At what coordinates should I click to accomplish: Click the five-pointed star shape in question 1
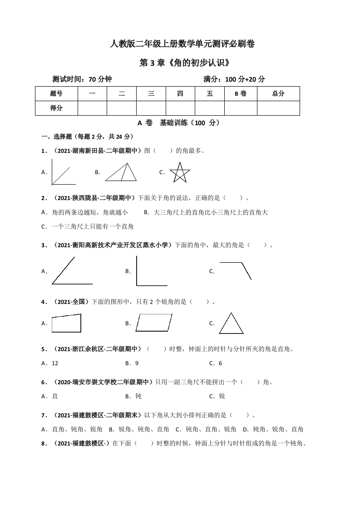(180, 173)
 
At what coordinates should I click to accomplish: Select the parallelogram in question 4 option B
(154, 323)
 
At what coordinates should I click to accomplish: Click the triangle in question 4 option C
(231, 324)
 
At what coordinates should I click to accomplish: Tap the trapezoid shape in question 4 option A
(66, 323)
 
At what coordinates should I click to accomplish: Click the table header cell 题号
(56, 94)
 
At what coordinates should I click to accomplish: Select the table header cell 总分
(278, 94)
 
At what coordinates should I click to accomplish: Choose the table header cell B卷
(240, 94)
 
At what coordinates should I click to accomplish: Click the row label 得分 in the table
(56, 108)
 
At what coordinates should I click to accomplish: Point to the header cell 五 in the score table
(209, 94)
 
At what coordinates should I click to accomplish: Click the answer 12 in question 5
(55, 363)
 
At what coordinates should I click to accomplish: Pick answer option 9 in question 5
(137, 363)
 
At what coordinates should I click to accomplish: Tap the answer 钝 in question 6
(138, 396)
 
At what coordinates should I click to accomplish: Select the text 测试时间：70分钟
(82, 79)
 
